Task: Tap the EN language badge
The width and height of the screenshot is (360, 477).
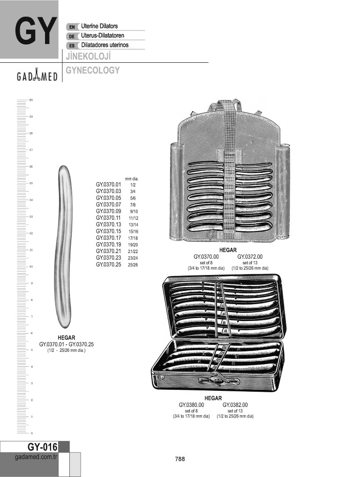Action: (72, 27)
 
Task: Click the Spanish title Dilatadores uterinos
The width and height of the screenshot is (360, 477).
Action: (105, 45)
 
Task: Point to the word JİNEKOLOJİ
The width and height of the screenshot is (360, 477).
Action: (88, 56)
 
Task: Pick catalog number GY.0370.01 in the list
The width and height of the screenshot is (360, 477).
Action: (108, 184)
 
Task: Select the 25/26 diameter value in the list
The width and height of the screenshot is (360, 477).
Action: (133, 265)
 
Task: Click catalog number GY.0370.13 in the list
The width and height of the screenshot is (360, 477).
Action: (108, 224)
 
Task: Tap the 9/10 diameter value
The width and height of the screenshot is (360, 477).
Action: (134, 211)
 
